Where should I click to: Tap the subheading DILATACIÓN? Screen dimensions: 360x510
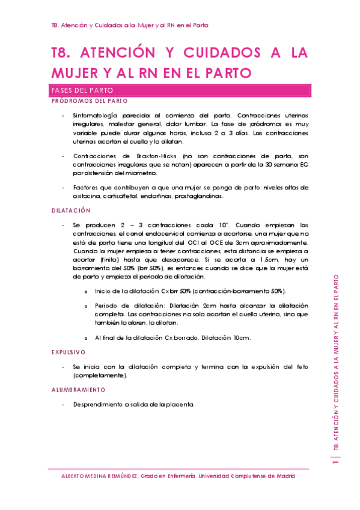71,210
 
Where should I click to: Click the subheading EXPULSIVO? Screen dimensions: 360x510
69,352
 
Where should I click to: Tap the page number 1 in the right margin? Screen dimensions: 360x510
335,461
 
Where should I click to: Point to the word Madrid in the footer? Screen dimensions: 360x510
282,475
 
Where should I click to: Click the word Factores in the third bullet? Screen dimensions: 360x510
86,188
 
